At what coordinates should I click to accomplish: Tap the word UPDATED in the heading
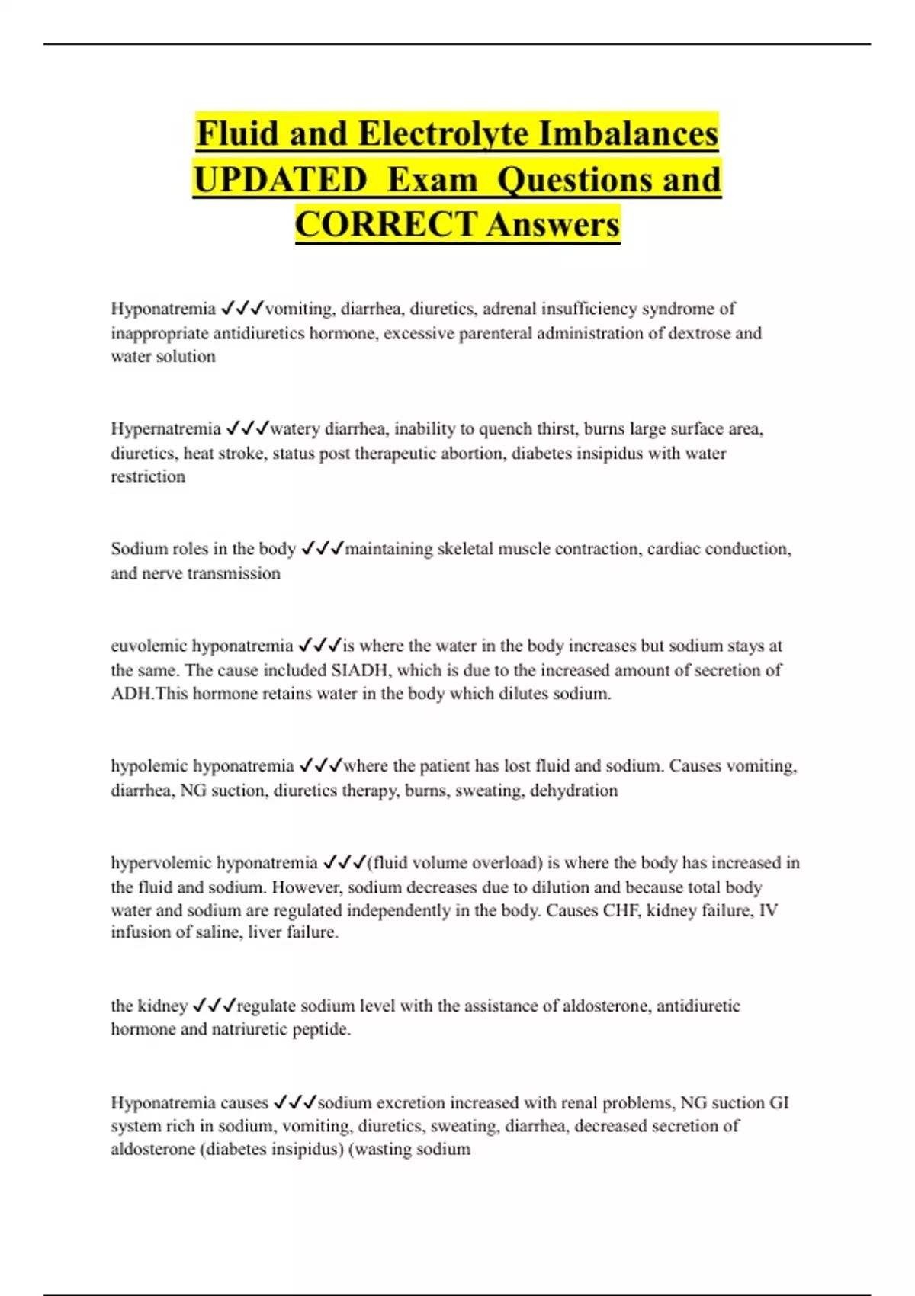click(280, 180)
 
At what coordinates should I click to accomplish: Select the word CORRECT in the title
click(386, 224)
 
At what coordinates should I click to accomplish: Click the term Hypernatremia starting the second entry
click(165, 429)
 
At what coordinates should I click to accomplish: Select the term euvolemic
click(149, 646)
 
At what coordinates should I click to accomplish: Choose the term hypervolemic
click(160, 863)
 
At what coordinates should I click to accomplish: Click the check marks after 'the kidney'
click(214, 1006)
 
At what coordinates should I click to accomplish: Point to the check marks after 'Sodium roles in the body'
click(323, 549)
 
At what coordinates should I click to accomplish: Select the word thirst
click(557, 429)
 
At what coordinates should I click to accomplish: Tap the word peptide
click(320, 1029)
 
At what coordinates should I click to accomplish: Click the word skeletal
click(467, 549)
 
